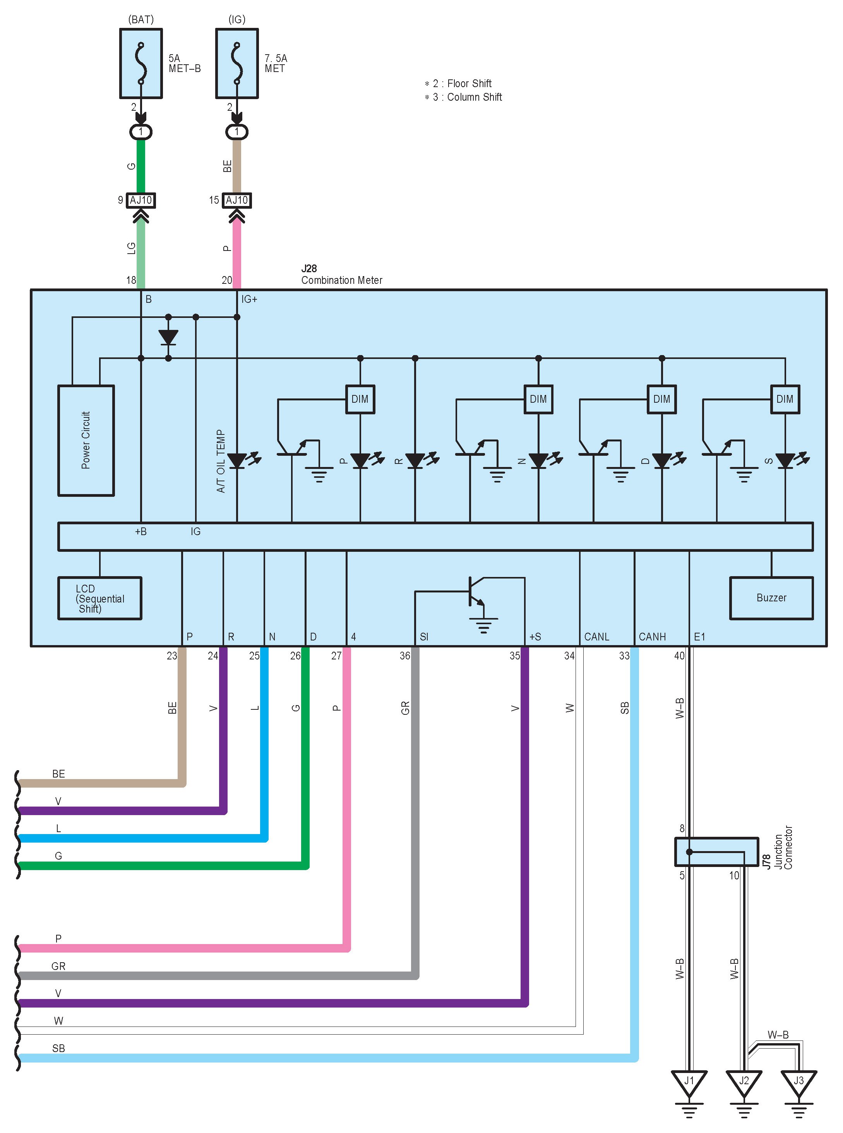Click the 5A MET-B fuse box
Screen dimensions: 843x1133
141,63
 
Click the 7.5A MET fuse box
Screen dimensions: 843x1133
237,63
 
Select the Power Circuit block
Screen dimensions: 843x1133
86,440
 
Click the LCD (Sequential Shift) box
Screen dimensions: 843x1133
99,598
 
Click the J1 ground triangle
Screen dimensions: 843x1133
689,1083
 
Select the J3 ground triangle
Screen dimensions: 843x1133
798,1083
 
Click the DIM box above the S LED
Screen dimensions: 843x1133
785,399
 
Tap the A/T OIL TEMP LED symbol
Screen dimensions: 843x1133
242,460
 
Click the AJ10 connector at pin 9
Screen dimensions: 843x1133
141,200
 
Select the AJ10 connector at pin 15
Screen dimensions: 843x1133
237,200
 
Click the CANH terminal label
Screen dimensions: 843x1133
652,637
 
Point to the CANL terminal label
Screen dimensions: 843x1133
596,637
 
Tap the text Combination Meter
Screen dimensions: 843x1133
341,280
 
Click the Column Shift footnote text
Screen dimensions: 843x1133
475,97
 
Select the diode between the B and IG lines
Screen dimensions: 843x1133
168,337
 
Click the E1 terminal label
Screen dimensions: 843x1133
700,637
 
